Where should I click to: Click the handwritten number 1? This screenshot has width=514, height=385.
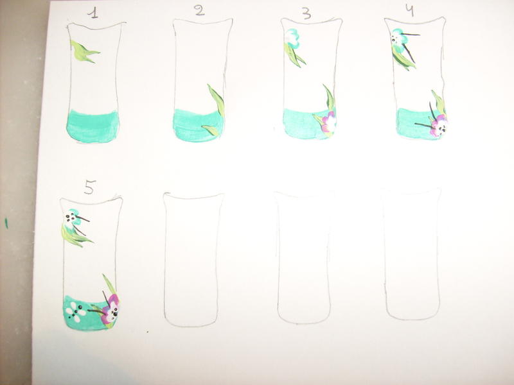94,13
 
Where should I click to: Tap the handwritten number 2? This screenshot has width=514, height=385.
199,11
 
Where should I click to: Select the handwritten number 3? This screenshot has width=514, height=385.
306,13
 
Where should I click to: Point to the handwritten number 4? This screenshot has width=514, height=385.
410,10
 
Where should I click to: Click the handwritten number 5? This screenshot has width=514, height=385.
89,187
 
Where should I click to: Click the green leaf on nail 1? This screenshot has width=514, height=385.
84,52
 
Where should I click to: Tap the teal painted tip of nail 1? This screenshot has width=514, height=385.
93,126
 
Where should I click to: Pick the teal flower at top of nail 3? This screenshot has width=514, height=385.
292,38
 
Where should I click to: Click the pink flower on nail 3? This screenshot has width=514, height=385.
329,122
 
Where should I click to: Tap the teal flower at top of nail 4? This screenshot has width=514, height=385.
398,38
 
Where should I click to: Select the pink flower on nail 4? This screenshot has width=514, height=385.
438,125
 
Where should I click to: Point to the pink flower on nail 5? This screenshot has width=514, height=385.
111,309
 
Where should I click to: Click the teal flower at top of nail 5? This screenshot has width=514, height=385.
73,217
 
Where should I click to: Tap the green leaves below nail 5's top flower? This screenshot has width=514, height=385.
75,235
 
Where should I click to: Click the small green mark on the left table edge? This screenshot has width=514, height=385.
6,223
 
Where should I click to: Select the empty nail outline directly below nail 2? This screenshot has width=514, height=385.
193,260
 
